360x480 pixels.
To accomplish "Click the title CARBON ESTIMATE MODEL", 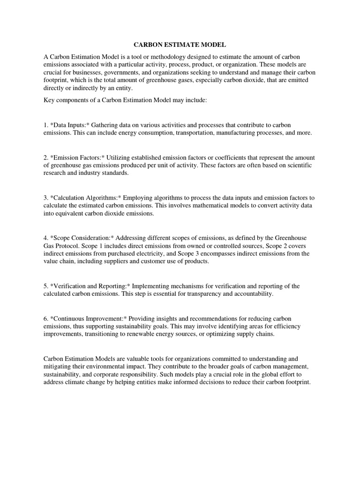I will click(180, 45).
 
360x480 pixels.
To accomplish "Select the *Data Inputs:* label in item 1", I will click(69, 125).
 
